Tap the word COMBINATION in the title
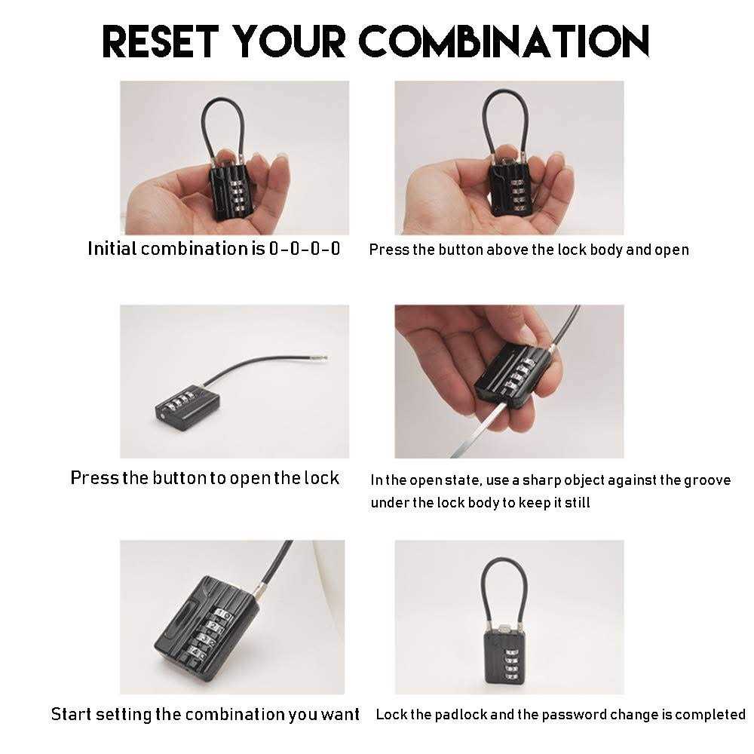pos(504,41)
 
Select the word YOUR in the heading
pos(289,41)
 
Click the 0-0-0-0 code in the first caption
pos(305,249)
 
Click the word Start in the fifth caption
pos(71,714)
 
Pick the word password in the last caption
pos(576,715)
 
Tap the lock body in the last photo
pos(504,656)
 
